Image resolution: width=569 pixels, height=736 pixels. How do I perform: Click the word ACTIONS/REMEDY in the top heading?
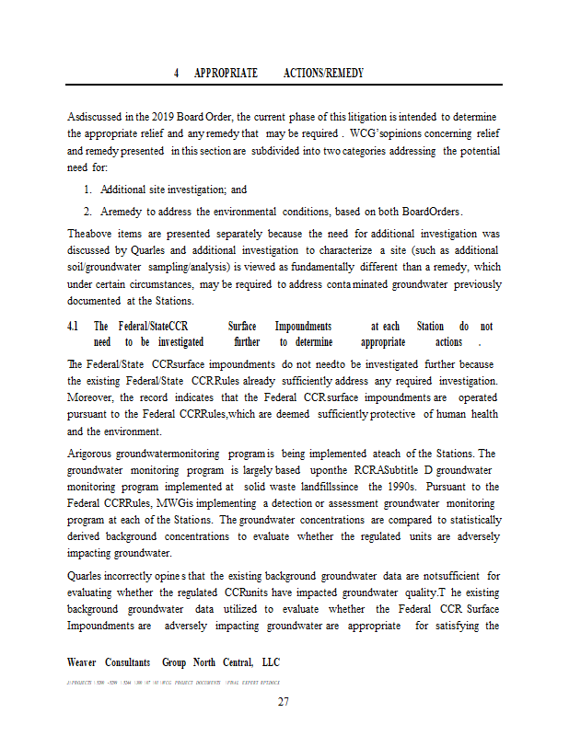click(x=323, y=72)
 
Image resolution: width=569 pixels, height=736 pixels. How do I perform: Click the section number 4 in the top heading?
click(x=175, y=72)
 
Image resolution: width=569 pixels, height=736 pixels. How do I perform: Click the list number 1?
click(x=86, y=190)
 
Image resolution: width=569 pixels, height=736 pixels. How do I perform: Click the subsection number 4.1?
click(x=73, y=327)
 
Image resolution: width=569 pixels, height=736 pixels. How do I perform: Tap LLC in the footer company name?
click(x=270, y=662)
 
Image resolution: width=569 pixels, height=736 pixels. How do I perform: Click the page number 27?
click(x=284, y=704)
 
